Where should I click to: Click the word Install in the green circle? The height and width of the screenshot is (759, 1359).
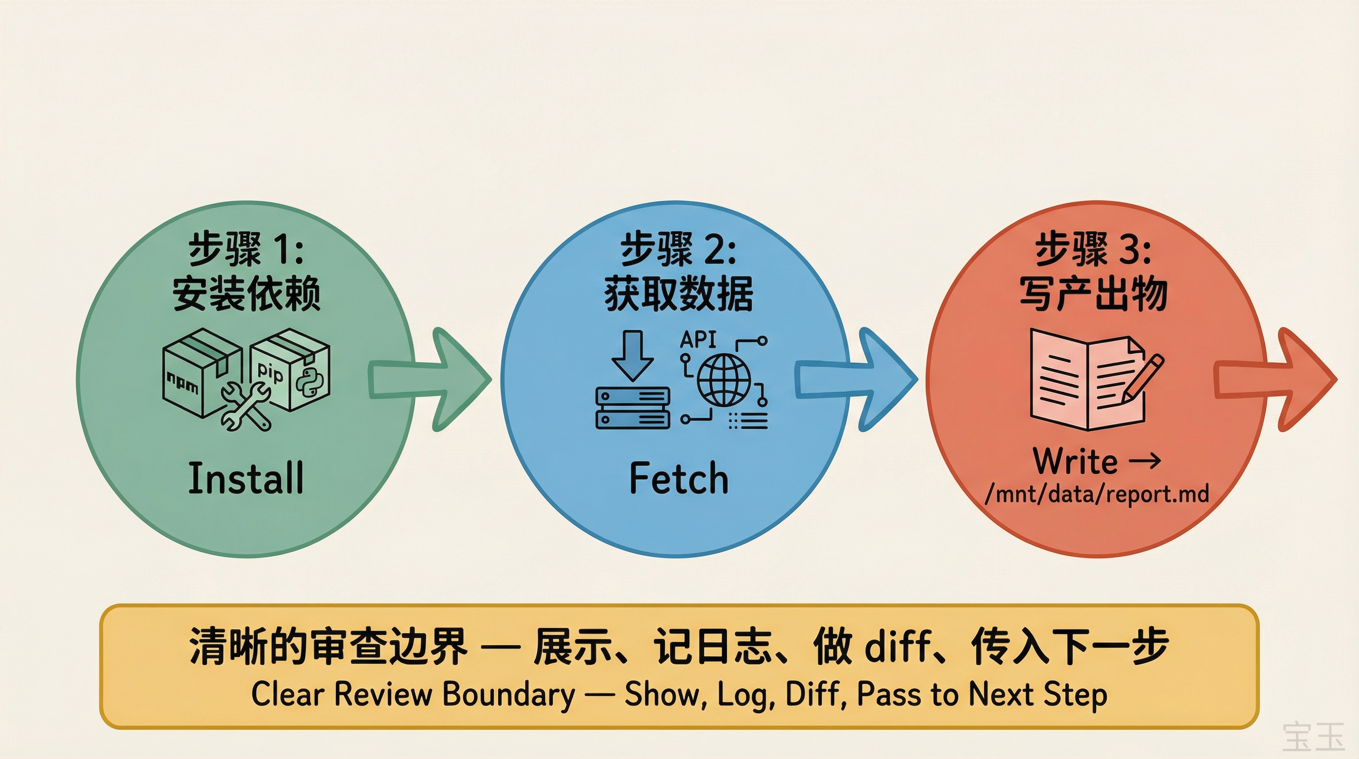(x=246, y=478)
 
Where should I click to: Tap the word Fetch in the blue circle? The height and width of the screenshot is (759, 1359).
(x=679, y=478)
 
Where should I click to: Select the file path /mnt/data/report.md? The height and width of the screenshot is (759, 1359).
(x=1097, y=494)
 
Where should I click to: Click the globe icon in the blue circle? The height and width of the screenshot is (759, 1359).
(x=724, y=380)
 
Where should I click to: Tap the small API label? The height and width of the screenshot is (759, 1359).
(x=698, y=339)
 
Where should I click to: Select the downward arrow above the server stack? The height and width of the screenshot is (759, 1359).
(x=633, y=355)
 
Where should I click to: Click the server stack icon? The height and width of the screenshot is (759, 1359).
(x=633, y=408)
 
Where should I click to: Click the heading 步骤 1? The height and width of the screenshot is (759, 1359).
(x=246, y=249)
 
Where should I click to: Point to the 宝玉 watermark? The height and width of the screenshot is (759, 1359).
(x=1313, y=737)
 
